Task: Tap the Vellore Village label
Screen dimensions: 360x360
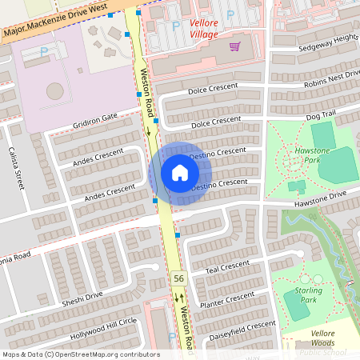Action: [x=203, y=29]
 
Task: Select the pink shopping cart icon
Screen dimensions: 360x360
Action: [x=234, y=46]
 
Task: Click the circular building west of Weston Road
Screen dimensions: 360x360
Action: [x=54, y=90]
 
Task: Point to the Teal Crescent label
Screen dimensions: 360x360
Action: [x=227, y=268]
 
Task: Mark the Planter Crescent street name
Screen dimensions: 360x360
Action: [x=227, y=302]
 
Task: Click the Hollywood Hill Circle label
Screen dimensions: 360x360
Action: [x=104, y=327]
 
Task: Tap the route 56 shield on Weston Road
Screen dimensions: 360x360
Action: [x=178, y=278]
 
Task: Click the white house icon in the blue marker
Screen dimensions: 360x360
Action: [x=180, y=173]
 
